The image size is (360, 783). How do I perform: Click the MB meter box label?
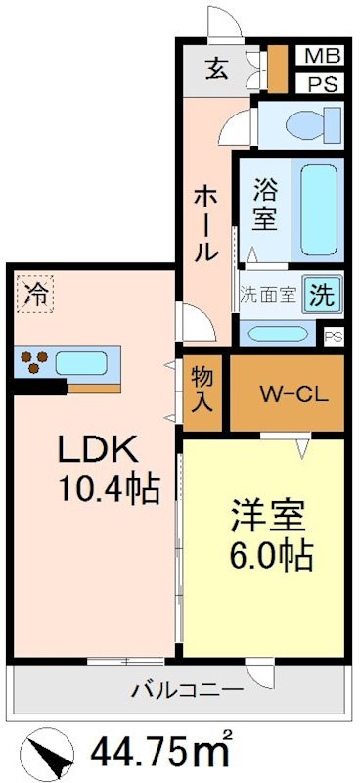pyautogui.click(x=319, y=56)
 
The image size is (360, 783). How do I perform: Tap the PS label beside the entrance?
pyautogui.click(x=319, y=82)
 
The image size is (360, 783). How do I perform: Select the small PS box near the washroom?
pyautogui.click(x=334, y=337)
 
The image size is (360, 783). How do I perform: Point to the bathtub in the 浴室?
pyautogui.click(x=319, y=209)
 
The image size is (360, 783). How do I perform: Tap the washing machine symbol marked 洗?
pyautogui.click(x=323, y=296)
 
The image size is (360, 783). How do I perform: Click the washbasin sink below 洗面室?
pyautogui.click(x=277, y=334)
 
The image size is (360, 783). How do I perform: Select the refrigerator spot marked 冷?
pyautogui.click(x=35, y=296)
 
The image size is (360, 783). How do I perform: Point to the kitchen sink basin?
pyautogui.click(x=81, y=362)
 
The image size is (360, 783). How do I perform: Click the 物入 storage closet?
pyautogui.click(x=202, y=393)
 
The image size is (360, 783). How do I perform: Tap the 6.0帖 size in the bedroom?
pyautogui.click(x=271, y=554)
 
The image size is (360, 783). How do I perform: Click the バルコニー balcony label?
pyautogui.click(x=188, y=691)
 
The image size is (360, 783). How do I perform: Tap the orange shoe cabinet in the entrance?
pyautogui.click(x=278, y=69)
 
